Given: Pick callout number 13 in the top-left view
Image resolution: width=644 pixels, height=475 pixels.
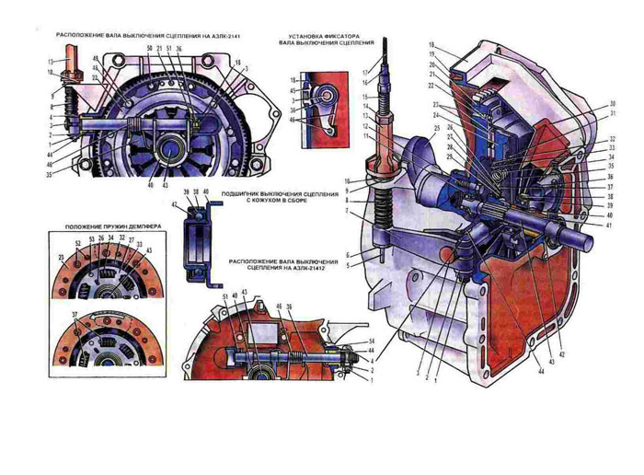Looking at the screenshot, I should coord(52,61).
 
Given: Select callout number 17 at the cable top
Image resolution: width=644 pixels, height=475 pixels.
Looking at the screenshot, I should coord(365,72).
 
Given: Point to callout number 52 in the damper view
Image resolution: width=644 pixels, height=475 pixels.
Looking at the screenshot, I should coord(78,242).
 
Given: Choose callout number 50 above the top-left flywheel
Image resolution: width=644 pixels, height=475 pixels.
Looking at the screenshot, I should coord(149,47).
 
